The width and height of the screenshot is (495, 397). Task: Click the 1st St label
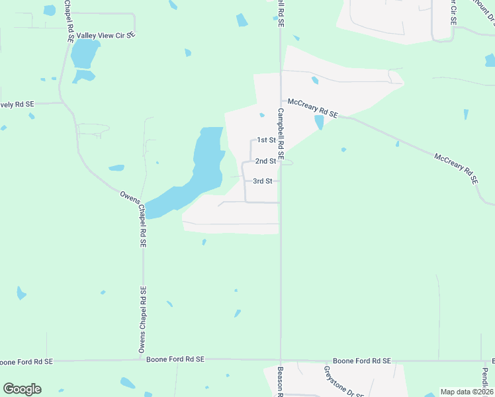266,140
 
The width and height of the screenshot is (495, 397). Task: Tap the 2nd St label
265,161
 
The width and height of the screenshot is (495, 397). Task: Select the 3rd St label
263,181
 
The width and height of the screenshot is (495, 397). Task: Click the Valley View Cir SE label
107,35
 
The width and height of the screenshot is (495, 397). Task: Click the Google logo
22,389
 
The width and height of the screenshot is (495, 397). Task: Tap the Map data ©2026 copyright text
467,392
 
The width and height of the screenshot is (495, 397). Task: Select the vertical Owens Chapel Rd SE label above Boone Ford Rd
142,319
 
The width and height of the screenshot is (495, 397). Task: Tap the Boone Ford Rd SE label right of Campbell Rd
361,361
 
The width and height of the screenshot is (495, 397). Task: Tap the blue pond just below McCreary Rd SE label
320,122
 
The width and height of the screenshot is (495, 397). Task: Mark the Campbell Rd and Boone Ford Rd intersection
281,361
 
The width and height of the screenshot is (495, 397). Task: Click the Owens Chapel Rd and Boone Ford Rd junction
143,361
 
